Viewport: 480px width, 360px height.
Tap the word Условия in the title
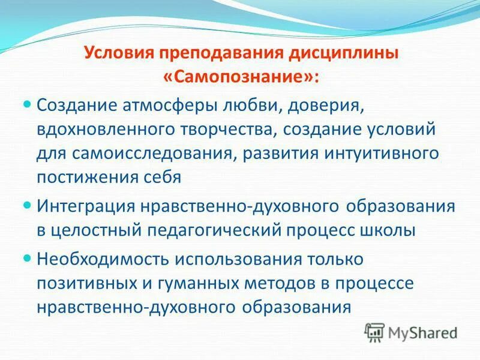click(x=118, y=52)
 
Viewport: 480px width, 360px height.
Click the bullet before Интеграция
click(x=26, y=205)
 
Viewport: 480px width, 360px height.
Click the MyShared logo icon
click(x=375, y=331)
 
